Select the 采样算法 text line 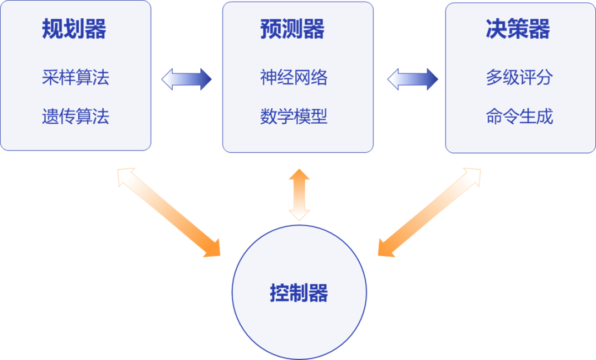click(75, 78)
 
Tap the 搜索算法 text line click(75, 115)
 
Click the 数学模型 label click(293, 115)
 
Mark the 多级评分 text click(519, 79)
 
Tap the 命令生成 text click(519, 117)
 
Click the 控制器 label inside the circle click(299, 293)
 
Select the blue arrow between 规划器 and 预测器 click(187, 80)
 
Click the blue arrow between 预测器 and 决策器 click(413, 80)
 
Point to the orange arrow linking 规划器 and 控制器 click(170, 213)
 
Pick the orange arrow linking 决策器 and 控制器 click(429, 213)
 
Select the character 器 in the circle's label click(319, 293)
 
